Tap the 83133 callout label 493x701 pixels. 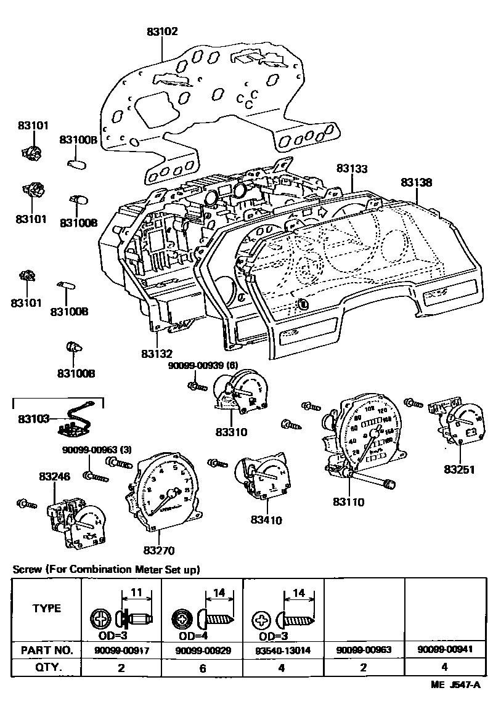coord(352,168)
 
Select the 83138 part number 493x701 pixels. coord(417,182)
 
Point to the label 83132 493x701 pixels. coord(157,354)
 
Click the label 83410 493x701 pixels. coord(266,520)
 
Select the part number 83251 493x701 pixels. coord(460,469)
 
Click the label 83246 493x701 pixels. coord(54,476)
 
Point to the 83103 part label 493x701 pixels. coord(34,418)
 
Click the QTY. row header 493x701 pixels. coord(47,667)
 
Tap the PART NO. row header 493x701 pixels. coord(47,650)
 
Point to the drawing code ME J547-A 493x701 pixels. coord(457,685)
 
